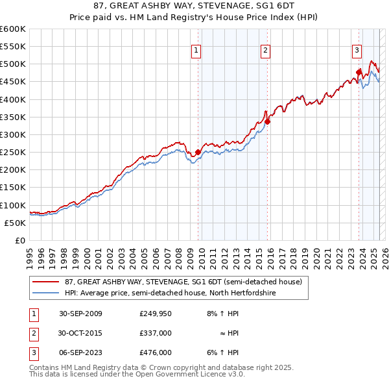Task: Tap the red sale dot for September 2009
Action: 198,153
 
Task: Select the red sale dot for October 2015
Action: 267,121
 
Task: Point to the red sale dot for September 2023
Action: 358,72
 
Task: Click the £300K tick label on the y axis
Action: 12,134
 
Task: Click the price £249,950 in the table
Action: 155,314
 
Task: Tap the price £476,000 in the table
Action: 155,352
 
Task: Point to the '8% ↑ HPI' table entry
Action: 223,314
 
